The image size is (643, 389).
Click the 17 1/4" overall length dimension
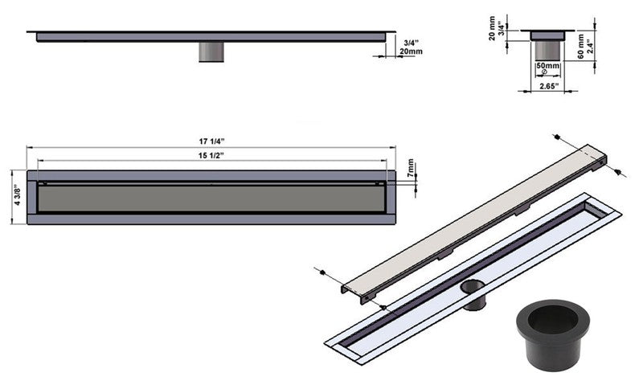(211, 141)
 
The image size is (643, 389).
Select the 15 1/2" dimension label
(211, 155)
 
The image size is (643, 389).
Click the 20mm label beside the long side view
(412, 52)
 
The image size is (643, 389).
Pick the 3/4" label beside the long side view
(411, 43)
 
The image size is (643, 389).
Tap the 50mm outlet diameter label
(547, 64)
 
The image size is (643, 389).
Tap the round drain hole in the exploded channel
(473, 286)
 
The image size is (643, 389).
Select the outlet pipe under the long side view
(213, 53)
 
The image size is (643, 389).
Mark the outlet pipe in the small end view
(548, 48)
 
